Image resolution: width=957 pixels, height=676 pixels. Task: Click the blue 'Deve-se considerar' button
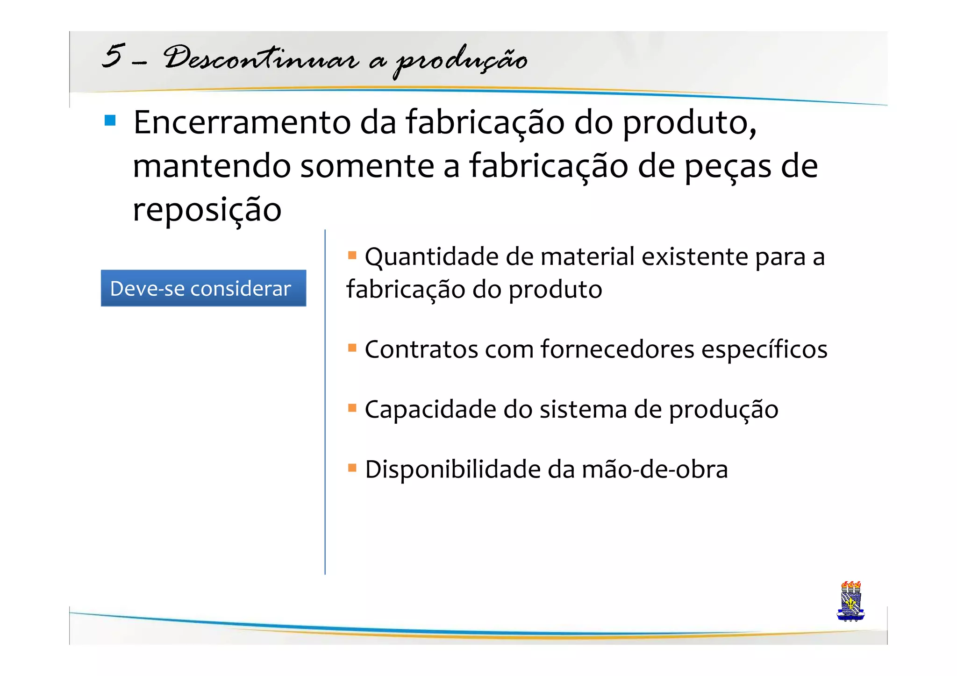(203, 288)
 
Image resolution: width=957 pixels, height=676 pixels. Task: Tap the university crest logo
(850, 601)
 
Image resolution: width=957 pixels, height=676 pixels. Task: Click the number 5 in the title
(114, 56)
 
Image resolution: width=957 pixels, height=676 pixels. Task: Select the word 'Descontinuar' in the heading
(261, 59)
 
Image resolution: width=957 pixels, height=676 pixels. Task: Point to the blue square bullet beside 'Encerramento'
(110, 121)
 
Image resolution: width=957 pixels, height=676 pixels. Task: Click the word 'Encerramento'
(242, 122)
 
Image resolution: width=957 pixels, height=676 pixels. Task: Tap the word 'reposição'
(207, 210)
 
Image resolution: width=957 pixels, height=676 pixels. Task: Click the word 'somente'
(367, 166)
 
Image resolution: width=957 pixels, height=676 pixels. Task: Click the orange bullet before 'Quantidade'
(352, 255)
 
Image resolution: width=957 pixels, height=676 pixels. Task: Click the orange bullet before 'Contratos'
(352, 348)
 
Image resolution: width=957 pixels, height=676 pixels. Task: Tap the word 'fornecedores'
(617, 349)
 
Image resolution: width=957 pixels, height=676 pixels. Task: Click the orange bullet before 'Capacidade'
(352, 408)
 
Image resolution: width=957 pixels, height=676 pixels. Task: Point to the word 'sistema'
(583, 410)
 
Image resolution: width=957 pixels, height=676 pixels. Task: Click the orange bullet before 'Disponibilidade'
(352, 468)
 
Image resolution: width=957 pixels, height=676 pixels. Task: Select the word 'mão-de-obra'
(655, 470)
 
